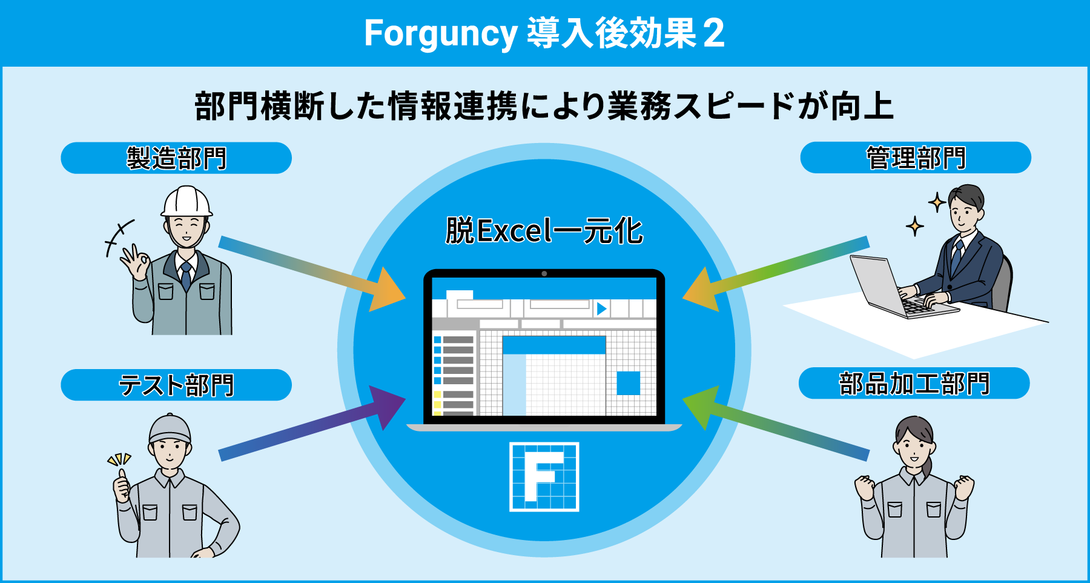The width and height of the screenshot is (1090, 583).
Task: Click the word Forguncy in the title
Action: pyautogui.click(x=440, y=34)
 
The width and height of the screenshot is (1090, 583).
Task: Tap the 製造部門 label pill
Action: pyautogui.click(x=176, y=158)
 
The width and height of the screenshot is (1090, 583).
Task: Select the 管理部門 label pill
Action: pyautogui.click(x=916, y=158)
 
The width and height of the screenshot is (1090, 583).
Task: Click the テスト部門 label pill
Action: pyautogui.click(x=176, y=385)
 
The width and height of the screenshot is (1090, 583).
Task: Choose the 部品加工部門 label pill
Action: pyautogui.click(x=914, y=383)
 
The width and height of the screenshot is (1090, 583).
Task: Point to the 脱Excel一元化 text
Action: pyautogui.click(x=544, y=231)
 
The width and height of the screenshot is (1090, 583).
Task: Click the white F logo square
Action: pyautogui.click(x=544, y=477)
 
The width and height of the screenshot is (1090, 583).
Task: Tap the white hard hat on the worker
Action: pyautogui.click(x=187, y=202)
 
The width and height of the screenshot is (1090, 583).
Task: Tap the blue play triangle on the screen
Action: pyautogui.click(x=601, y=308)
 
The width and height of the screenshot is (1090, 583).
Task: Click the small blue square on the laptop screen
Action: pyautogui.click(x=628, y=383)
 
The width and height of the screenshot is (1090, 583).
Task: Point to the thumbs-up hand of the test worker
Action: pyautogui.click(x=122, y=484)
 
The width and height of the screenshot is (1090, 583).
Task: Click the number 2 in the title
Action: pyautogui.click(x=714, y=34)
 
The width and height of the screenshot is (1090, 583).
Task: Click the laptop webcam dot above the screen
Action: pyautogui.click(x=544, y=274)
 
